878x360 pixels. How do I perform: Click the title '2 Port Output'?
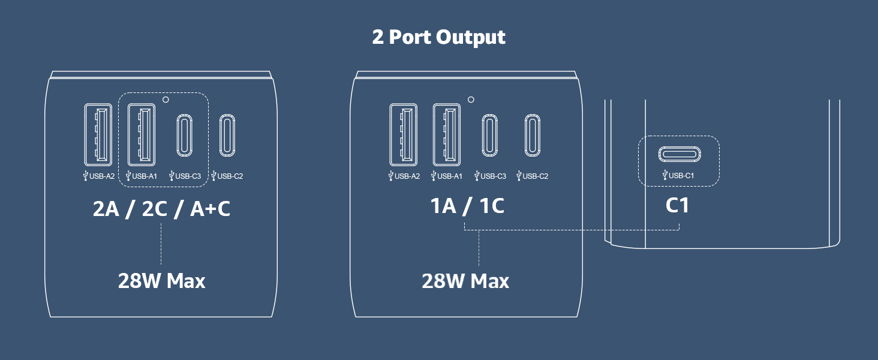pyautogui.click(x=438, y=37)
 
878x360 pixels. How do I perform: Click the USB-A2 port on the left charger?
pyautogui.click(x=98, y=134)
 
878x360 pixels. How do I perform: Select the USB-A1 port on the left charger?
pyautogui.click(x=141, y=134)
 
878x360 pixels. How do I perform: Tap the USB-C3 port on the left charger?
pyautogui.click(x=184, y=135)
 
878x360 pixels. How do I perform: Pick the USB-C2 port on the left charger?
pyautogui.click(x=227, y=135)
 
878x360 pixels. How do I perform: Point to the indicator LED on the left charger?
pyautogui.click(x=166, y=100)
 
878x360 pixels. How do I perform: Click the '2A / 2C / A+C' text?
pyautogui.click(x=161, y=209)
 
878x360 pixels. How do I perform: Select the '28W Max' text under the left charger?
pyautogui.click(x=161, y=281)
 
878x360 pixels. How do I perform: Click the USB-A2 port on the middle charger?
pyautogui.click(x=404, y=134)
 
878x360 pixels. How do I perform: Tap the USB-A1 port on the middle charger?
pyautogui.click(x=446, y=134)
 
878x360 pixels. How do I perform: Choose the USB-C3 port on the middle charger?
pyautogui.click(x=489, y=135)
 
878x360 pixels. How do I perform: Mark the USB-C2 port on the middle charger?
pyautogui.click(x=533, y=135)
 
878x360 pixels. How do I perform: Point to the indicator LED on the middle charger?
pyautogui.click(x=471, y=100)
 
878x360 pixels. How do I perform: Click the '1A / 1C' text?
pyautogui.click(x=467, y=206)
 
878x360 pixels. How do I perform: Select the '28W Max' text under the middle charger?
pyautogui.click(x=465, y=281)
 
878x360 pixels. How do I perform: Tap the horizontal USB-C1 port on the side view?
pyautogui.click(x=679, y=154)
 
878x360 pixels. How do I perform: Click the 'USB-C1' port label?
pyautogui.click(x=681, y=176)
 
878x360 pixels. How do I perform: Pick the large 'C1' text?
pyautogui.click(x=677, y=205)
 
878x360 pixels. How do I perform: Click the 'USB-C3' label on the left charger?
pyautogui.click(x=188, y=176)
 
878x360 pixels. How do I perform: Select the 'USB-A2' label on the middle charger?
pyautogui.click(x=407, y=176)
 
